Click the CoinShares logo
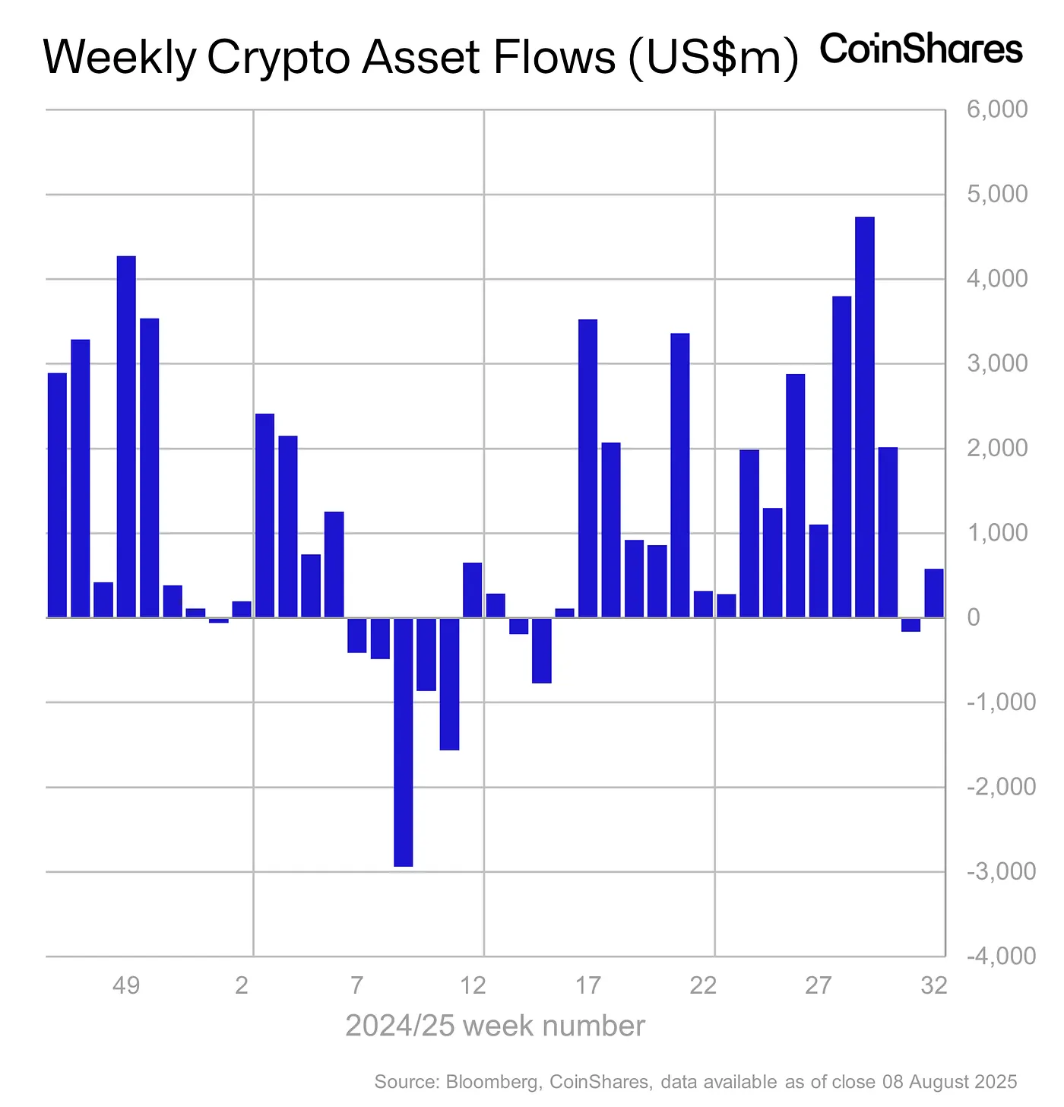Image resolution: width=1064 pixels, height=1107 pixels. (921, 49)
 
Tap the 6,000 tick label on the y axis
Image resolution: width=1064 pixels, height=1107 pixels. (997, 110)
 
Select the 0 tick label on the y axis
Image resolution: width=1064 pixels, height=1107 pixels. (974, 617)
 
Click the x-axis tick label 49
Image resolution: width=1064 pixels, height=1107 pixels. (126, 986)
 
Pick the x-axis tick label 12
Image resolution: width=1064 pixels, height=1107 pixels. (473, 986)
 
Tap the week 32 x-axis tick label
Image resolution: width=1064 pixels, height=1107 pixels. (934, 986)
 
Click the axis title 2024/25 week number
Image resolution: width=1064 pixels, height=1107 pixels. (495, 1026)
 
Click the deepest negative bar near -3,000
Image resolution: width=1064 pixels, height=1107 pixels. (404, 741)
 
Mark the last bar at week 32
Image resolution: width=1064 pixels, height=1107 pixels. (934, 593)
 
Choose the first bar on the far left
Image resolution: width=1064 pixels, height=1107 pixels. (57, 495)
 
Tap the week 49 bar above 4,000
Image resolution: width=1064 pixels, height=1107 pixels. (126, 436)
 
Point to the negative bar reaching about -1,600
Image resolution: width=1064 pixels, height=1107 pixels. (449, 684)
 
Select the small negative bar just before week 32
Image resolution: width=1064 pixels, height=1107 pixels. (910, 624)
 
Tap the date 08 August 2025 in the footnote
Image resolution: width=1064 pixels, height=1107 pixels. (949, 1081)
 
